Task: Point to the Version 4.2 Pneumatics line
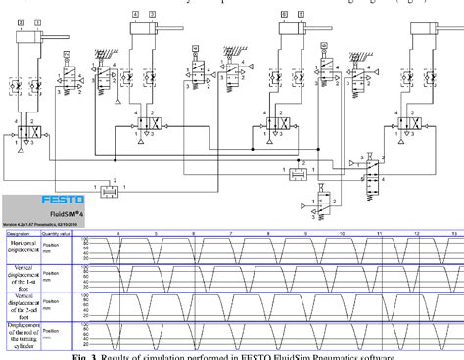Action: click(x=41, y=226)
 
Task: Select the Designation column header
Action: click(x=20, y=233)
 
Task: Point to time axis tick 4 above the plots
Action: click(x=119, y=233)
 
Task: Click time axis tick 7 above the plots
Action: click(x=231, y=233)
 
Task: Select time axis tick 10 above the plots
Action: click(x=343, y=233)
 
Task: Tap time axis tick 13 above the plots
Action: click(x=453, y=233)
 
